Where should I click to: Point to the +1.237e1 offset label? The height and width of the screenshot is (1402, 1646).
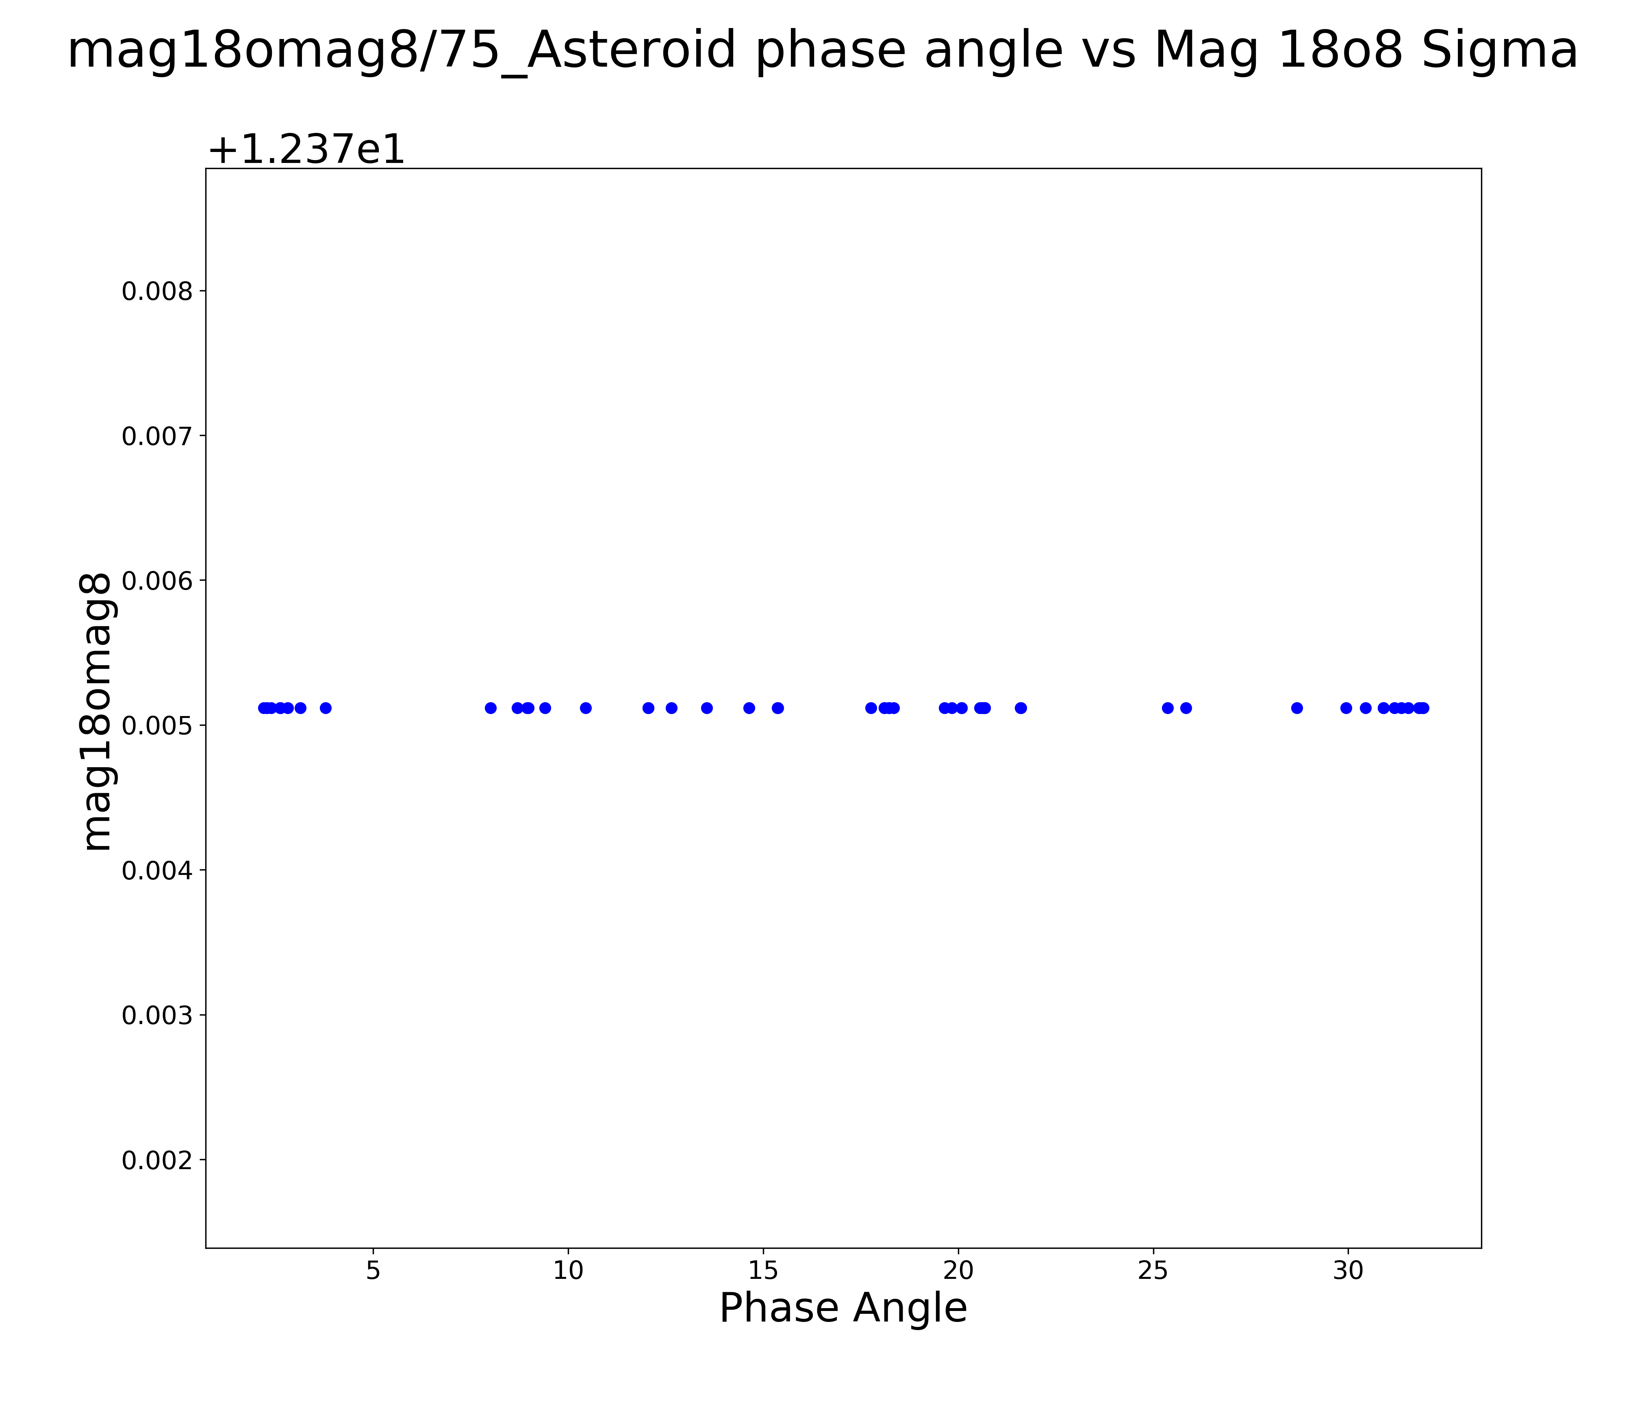(x=306, y=149)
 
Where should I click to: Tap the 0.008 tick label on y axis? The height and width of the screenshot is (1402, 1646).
(x=157, y=291)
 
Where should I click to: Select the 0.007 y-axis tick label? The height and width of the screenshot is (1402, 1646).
(x=157, y=436)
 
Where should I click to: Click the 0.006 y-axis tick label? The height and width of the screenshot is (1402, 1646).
(x=157, y=581)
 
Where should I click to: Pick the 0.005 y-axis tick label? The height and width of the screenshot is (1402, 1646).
(x=157, y=725)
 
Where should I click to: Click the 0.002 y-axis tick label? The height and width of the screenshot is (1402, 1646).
(x=157, y=1160)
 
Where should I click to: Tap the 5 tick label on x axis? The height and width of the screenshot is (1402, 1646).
(x=373, y=1271)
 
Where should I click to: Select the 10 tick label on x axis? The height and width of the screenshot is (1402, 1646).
(x=568, y=1271)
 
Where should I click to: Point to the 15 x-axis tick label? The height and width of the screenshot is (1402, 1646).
(x=763, y=1271)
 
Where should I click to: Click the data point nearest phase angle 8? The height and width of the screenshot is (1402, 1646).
(x=491, y=708)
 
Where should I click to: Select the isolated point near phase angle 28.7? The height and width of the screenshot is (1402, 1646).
(x=1297, y=708)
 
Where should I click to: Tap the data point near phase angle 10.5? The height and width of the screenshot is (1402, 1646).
(x=586, y=708)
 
